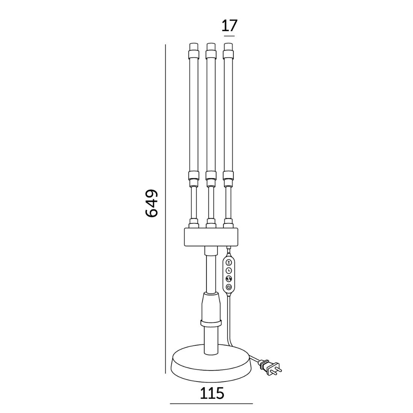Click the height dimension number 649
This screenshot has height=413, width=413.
[151, 203]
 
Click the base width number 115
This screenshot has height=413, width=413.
[212, 393]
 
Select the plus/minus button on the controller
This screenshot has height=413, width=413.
[229, 262]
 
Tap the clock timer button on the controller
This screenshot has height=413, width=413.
[229, 270]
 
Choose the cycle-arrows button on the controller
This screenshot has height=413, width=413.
[229, 279]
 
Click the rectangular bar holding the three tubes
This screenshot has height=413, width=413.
[211, 237]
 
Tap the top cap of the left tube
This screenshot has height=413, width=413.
[194, 51]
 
